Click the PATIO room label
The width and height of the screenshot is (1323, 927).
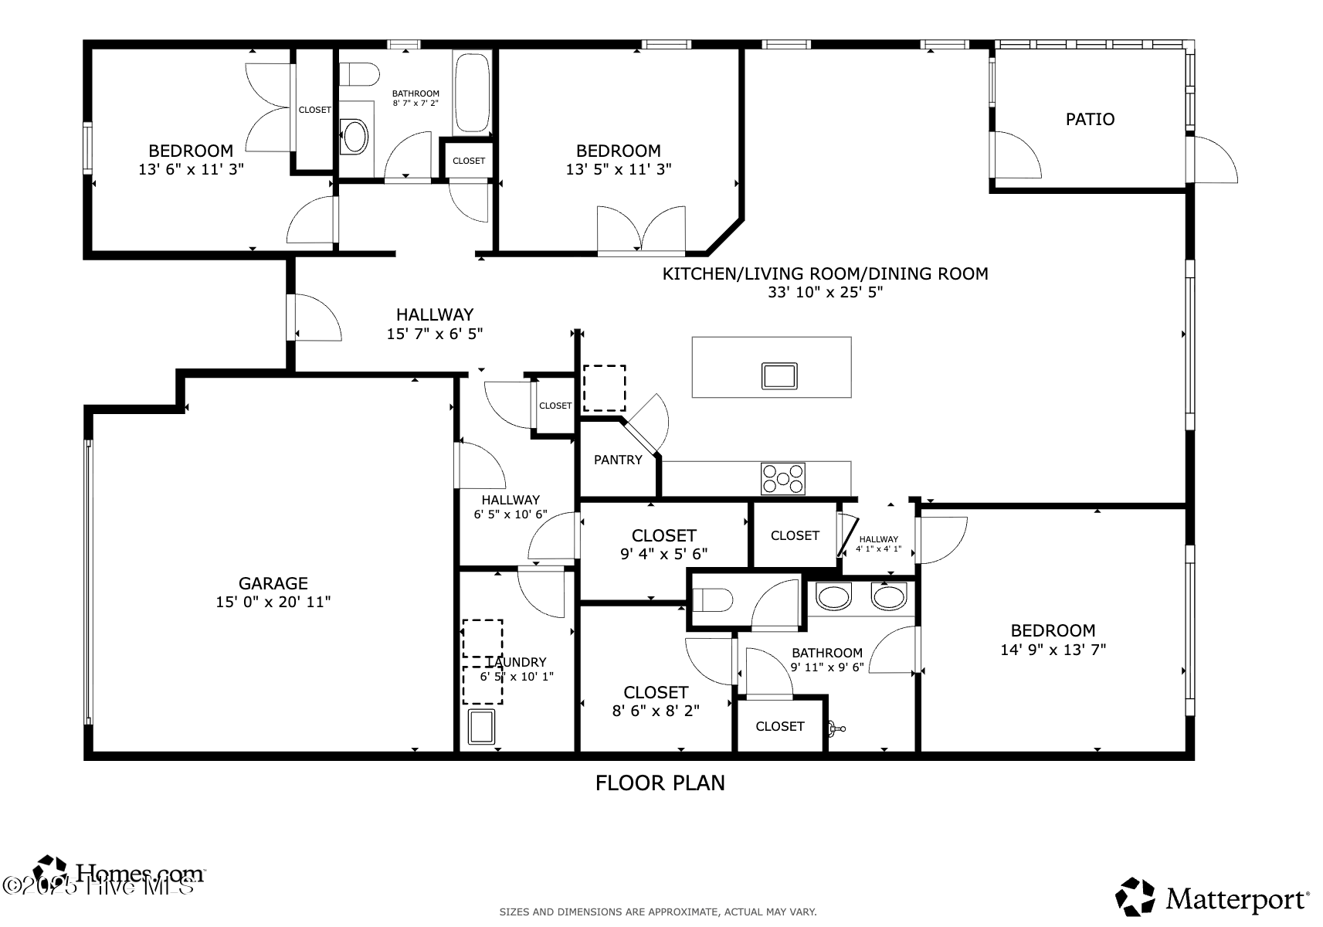(x=1090, y=119)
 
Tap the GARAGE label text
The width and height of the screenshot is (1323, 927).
(x=273, y=583)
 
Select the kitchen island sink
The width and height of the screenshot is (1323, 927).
(x=779, y=375)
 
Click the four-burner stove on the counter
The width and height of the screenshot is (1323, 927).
(x=782, y=478)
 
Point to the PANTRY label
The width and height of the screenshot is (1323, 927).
(x=618, y=460)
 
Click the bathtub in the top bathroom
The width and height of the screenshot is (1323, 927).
(x=472, y=93)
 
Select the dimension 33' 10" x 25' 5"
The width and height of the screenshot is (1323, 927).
(x=825, y=292)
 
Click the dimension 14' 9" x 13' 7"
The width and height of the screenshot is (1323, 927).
(x=1053, y=650)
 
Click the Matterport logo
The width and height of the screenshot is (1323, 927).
(x=1212, y=898)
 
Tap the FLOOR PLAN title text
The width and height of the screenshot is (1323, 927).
(x=660, y=783)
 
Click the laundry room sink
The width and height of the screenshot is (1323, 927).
(x=480, y=727)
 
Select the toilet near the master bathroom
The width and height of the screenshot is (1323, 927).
(x=712, y=600)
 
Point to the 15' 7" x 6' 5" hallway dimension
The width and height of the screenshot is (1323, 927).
(x=434, y=334)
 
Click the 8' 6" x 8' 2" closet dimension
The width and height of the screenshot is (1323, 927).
(x=656, y=711)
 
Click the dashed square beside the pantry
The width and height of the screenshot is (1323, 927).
(x=604, y=388)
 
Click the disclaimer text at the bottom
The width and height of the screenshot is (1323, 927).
(x=657, y=912)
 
